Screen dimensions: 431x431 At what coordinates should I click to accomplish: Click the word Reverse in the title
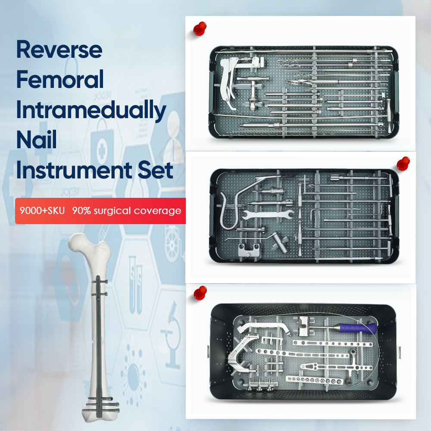[x=59, y=50]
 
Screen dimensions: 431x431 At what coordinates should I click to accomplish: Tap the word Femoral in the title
[x=60, y=79]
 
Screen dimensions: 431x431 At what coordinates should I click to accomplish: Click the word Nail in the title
[x=37, y=140]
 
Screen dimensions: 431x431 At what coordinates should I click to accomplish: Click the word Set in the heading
[x=155, y=170]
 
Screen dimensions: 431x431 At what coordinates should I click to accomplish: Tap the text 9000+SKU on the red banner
[x=42, y=211]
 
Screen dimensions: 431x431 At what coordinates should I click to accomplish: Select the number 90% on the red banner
[x=81, y=211]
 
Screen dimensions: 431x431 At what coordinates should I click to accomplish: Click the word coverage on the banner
[x=157, y=211]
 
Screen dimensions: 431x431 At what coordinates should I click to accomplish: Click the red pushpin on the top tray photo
[x=200, y=28]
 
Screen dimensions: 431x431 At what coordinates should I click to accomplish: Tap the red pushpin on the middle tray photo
[x=403, y=163]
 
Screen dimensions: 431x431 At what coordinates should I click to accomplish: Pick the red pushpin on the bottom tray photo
[x=200, y=293]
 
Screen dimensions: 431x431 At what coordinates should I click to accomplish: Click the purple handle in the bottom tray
[x=358, y=328]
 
